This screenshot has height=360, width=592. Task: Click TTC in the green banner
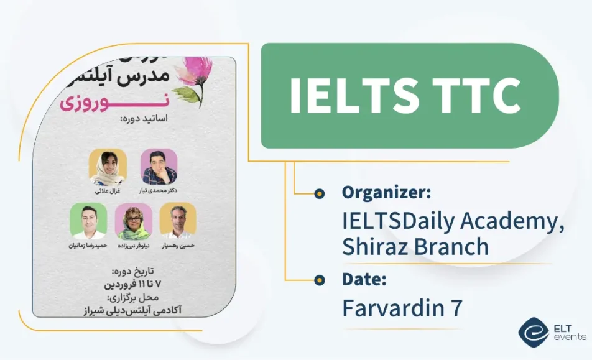[x=476, y=96]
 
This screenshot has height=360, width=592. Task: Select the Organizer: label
[x=386, y=193]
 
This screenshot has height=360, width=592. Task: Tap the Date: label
[x=364, y=279]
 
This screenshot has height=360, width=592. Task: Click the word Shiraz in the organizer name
[x=375, y=247]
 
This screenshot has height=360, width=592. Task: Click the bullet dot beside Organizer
[x=320, y=193]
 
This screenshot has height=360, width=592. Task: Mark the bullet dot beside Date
[x=320, y=280]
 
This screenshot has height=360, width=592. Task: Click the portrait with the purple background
[x=159, y=167]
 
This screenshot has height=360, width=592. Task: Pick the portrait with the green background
[x=88, y=221]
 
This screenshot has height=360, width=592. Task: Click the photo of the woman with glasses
[x=133, y=221]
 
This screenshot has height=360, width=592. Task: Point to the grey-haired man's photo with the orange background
[x=178, y=221]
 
